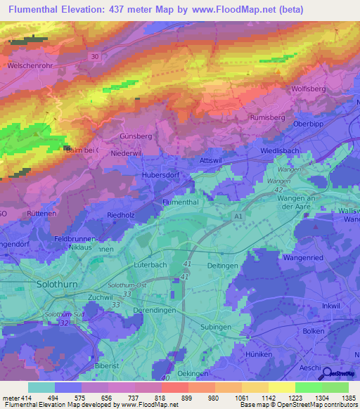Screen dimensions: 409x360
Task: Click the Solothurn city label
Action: click(x=60, y=285)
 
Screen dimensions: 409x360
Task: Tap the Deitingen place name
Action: click(x=224, y=265)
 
